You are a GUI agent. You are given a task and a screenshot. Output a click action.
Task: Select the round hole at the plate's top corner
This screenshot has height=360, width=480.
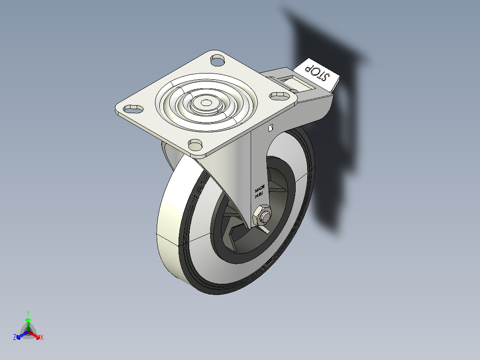[217, 59]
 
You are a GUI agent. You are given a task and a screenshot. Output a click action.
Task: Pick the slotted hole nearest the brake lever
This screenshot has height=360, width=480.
[279, 94]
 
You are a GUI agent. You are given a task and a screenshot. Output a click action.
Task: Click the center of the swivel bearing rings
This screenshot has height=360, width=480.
[206, 103]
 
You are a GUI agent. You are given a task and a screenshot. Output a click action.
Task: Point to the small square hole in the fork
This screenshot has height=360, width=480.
[270, 128]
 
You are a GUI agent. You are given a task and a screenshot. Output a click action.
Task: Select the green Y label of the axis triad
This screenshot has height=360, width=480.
[28, 313]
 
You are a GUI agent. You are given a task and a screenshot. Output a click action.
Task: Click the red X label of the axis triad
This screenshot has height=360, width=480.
[42, 338]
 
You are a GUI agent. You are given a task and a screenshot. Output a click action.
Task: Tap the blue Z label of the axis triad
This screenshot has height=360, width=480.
[15, 337]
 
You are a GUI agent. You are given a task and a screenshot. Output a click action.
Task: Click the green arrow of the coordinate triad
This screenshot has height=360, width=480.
[28, 323]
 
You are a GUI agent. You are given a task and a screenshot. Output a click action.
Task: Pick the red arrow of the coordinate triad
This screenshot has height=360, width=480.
[36, 335]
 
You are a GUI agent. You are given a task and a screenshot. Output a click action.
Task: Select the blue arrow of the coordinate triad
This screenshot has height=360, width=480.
[20, 335]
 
